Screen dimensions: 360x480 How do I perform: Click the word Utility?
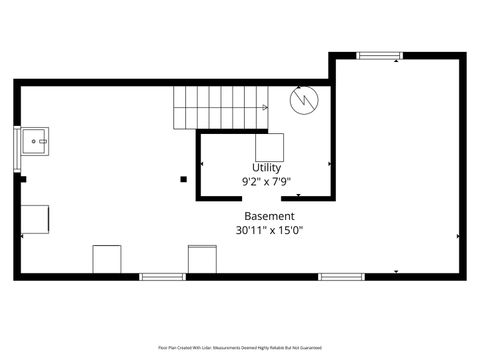pyautogui.click(x=267, y=168)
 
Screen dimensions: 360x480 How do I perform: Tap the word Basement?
pyautogui.click(x=269, y=216)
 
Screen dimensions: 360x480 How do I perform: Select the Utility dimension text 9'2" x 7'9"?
pyautogui.click(x=267, y=182)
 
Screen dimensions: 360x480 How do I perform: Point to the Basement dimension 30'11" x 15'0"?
pyautogui.click(x=269, y=230)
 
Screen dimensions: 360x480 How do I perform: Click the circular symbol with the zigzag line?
pyautogui.click(x=303, y=100)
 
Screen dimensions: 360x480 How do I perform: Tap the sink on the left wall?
pyautogui.click(x=36, y=143)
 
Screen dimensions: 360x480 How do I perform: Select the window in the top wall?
pyautogui.click(x=379, y=56)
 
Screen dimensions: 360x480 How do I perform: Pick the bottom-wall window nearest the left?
pyautogui.click(x=162, y=276)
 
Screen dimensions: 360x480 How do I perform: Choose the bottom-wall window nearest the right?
pyautogui.click(x=340, y=276)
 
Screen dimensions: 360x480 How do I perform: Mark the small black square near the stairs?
pyautogui.click(x=183, y=180)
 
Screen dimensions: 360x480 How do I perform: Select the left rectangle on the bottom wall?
pyautogui.click(x=107, y=259)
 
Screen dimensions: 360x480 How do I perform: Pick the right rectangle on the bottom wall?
pyautogui.click(x=202, y=259)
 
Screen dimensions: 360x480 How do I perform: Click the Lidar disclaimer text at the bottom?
pyautogui.click(x=239, y=347)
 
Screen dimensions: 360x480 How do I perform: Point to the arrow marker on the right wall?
pyautogui.click(x=458, y=236)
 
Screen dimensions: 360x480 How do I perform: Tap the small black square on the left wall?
pyautogui.click(x=22, y=180)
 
